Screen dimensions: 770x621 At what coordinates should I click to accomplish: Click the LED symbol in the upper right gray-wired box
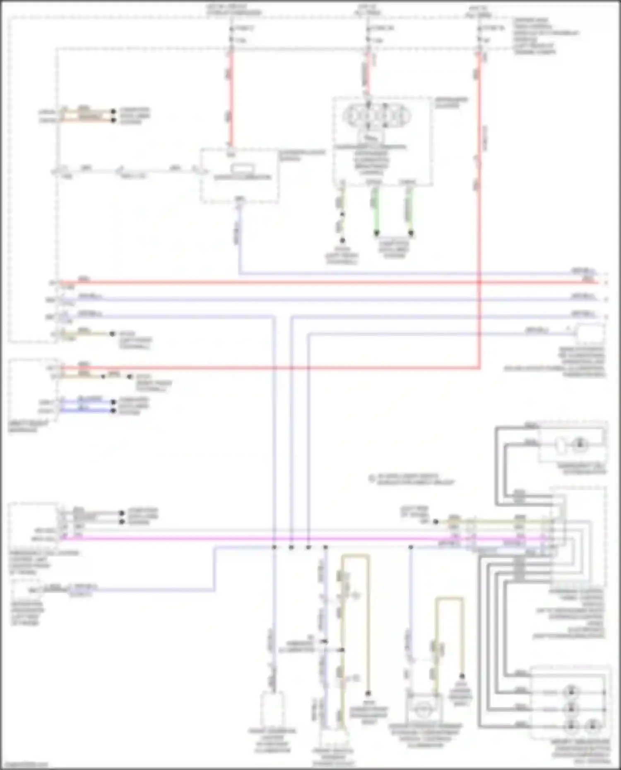coord(579,445)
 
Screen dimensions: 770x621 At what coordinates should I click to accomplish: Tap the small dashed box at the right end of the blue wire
coord(590,333)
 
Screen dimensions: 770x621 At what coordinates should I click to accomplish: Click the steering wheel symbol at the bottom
coord(424,708)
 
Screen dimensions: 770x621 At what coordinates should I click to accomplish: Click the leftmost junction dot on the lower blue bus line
coord(274,547)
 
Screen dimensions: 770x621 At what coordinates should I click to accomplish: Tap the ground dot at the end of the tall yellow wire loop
coord(368,693)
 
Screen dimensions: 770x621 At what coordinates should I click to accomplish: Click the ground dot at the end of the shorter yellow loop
coord(462,676)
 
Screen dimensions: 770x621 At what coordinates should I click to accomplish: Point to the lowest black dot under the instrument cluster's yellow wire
coord(342,240)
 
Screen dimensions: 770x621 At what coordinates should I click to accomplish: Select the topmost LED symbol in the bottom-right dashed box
coord(571,691)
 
